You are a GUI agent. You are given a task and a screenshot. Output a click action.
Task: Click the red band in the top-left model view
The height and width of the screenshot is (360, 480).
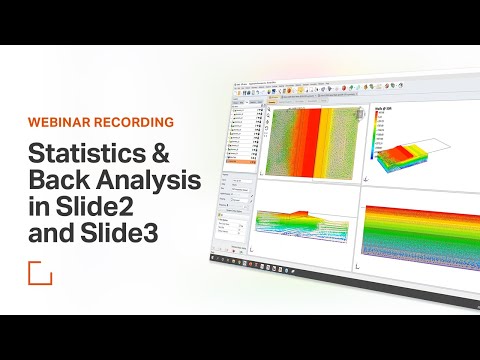pyautogui.click(x=317, y=140)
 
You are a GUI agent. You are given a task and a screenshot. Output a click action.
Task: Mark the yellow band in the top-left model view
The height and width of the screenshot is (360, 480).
pyautogui.click(x=296, y=140)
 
